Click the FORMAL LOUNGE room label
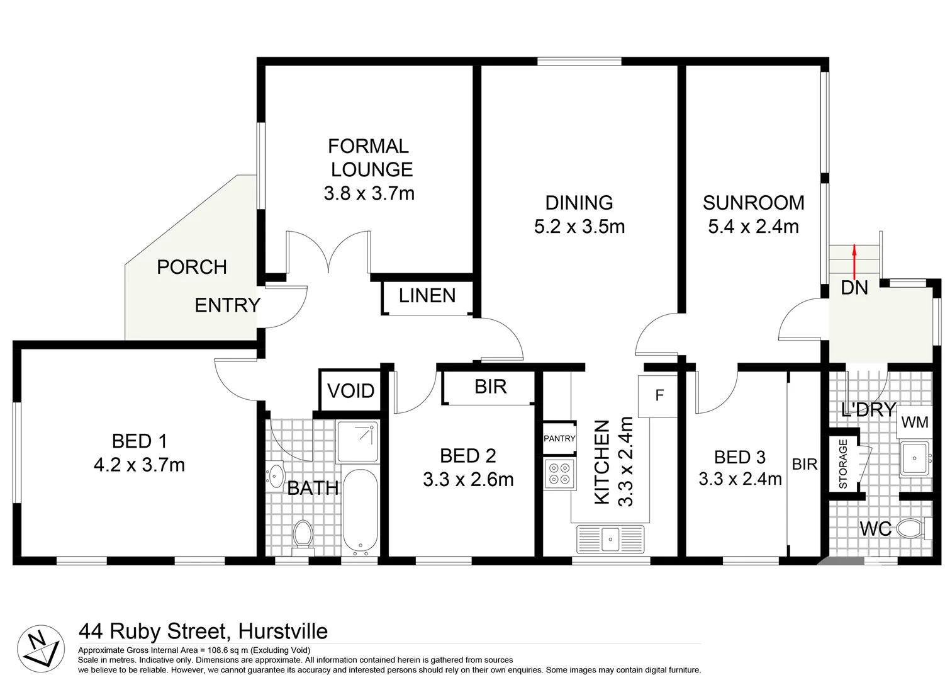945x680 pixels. [x=369, y=158]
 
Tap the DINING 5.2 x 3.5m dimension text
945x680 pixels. [x=579, y=227]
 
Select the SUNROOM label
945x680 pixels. [x=753, y=203]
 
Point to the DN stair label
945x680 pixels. [x=854, y=288]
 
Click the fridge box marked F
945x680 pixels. [x=659, y=395]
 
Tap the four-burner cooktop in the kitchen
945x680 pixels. [x=560, y=473]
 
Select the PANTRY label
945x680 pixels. [x=559, y=438]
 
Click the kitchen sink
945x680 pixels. [x=610, y=539]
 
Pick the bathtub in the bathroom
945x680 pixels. [x=360, y=511]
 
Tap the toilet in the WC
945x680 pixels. [x=910, y=528]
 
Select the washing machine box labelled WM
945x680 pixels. [x=914, y=422]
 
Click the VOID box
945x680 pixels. [x=350, y=391]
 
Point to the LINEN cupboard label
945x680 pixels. [x=427, y=296]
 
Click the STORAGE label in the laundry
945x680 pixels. [x=843, y=464]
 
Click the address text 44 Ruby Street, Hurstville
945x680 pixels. [x=203, y=631]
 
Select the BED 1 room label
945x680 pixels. [x=139, y=441]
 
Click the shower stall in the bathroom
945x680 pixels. [x=357, y=441]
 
